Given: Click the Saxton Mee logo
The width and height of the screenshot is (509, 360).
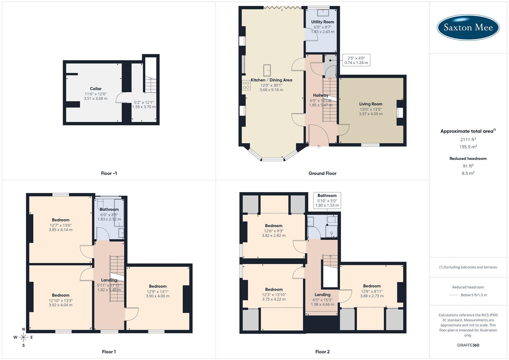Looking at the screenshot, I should tap(468, 27).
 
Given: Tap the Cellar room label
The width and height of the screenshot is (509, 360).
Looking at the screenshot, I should tap(96, 89).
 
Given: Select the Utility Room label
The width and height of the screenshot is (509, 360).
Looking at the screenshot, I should tap(322, 22).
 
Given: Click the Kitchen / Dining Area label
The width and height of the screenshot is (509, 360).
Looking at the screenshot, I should tap(271, 80).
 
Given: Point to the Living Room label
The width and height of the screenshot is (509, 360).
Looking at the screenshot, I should tap(371, 104).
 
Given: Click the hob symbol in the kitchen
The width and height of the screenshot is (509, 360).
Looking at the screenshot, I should tap(246, 85).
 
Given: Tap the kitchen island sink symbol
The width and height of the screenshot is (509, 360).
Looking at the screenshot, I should tap(267, 70).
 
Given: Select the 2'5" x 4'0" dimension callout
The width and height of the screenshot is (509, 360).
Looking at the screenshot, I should tap(356, 60).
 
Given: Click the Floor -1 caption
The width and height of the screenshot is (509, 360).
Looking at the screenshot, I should tap(109, 173).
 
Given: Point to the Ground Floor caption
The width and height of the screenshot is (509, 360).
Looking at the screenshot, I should tap(322, 173).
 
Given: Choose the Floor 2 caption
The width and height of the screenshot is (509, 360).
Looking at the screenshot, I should tap(322, 352).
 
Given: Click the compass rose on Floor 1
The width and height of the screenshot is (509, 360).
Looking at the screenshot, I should tap(23, 337).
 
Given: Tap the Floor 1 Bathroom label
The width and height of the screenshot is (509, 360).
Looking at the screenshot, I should tap(109, 209).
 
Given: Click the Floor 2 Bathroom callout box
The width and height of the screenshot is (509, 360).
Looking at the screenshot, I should tap(327, 200).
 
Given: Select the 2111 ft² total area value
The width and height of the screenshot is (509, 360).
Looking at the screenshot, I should tap(468, 140).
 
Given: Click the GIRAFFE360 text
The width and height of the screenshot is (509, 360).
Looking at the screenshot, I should tap(468, 345).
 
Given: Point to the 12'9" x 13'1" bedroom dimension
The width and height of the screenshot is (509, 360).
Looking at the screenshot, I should tap(158, 291).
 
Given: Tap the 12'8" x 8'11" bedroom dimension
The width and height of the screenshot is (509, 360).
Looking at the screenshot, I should tap(372, 291).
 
